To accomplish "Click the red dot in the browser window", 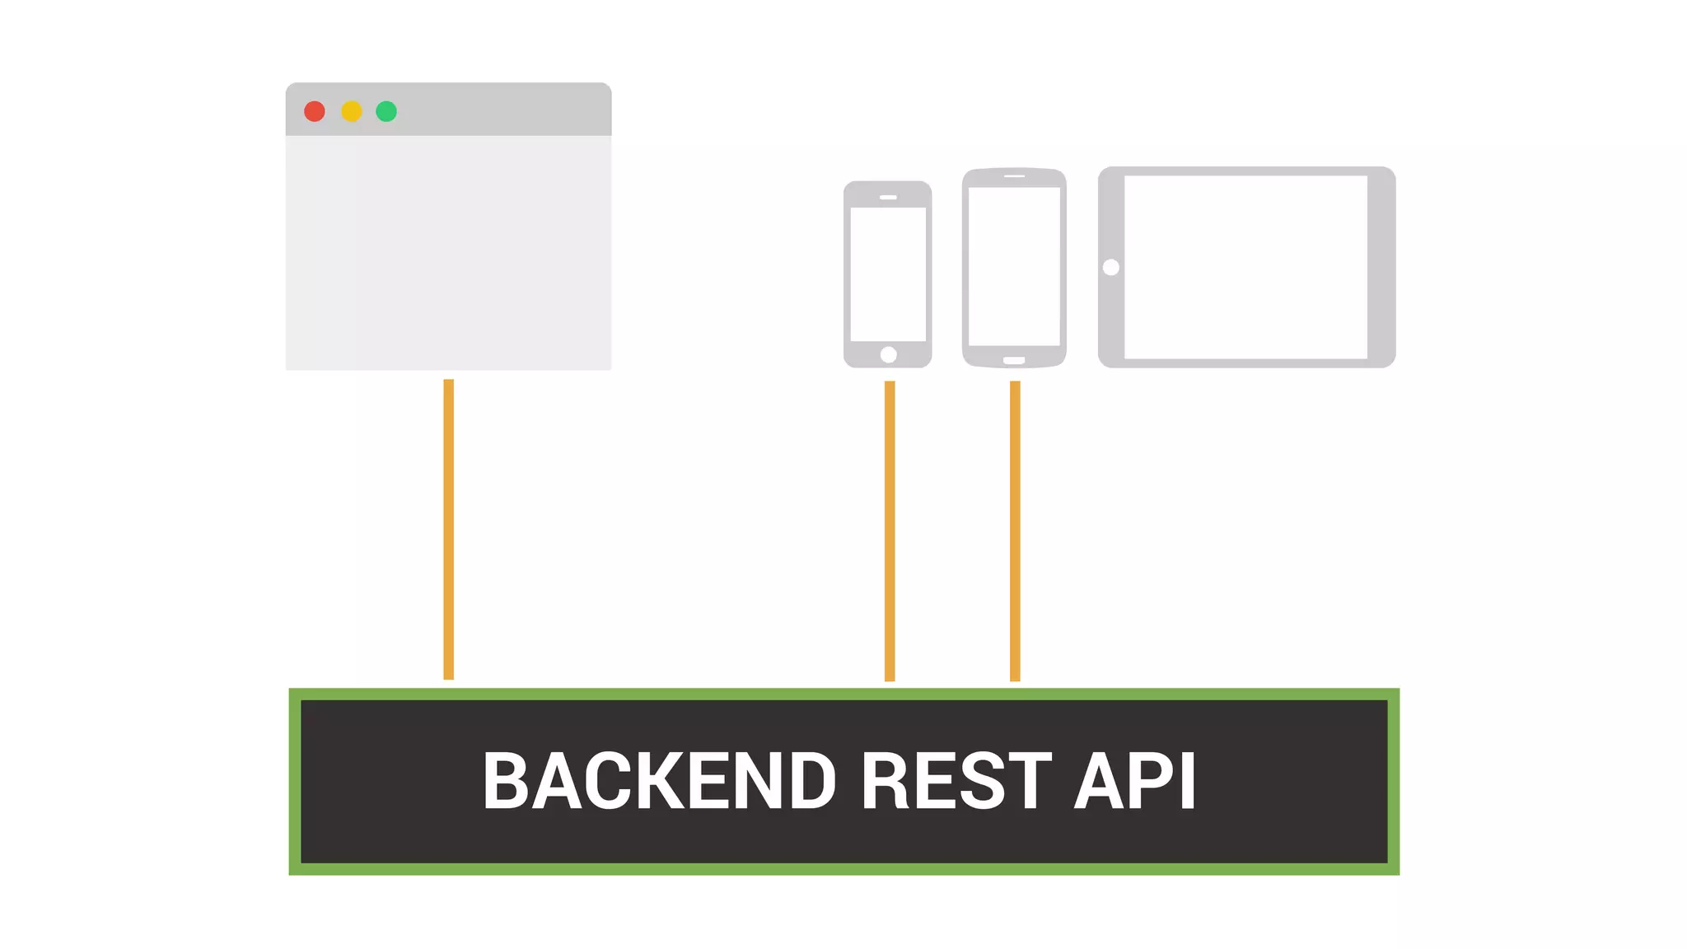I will (x=315, y=111).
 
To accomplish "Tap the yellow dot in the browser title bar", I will (x=352, y=111).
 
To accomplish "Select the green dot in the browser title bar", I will (x=386, y=111).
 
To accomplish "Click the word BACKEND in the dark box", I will (x=659, y=780).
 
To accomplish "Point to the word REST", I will (x=956, y=780).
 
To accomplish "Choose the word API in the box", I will (x=1134, y=780).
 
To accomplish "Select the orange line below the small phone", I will (x=890, y=531).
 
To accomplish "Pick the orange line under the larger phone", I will (x=1015, y=531).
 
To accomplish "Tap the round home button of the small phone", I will (x=888, y=355).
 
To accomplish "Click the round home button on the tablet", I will (x=1111, y=268).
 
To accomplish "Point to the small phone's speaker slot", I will (x=888, y=198).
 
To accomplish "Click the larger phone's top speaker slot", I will (x=1014, y=175).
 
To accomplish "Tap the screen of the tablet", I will (x=1245, y=268).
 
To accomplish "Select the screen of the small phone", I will (x=888, y=273).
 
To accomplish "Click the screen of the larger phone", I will (x=1014, y=266).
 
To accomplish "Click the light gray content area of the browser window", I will (x=448, y=252).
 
